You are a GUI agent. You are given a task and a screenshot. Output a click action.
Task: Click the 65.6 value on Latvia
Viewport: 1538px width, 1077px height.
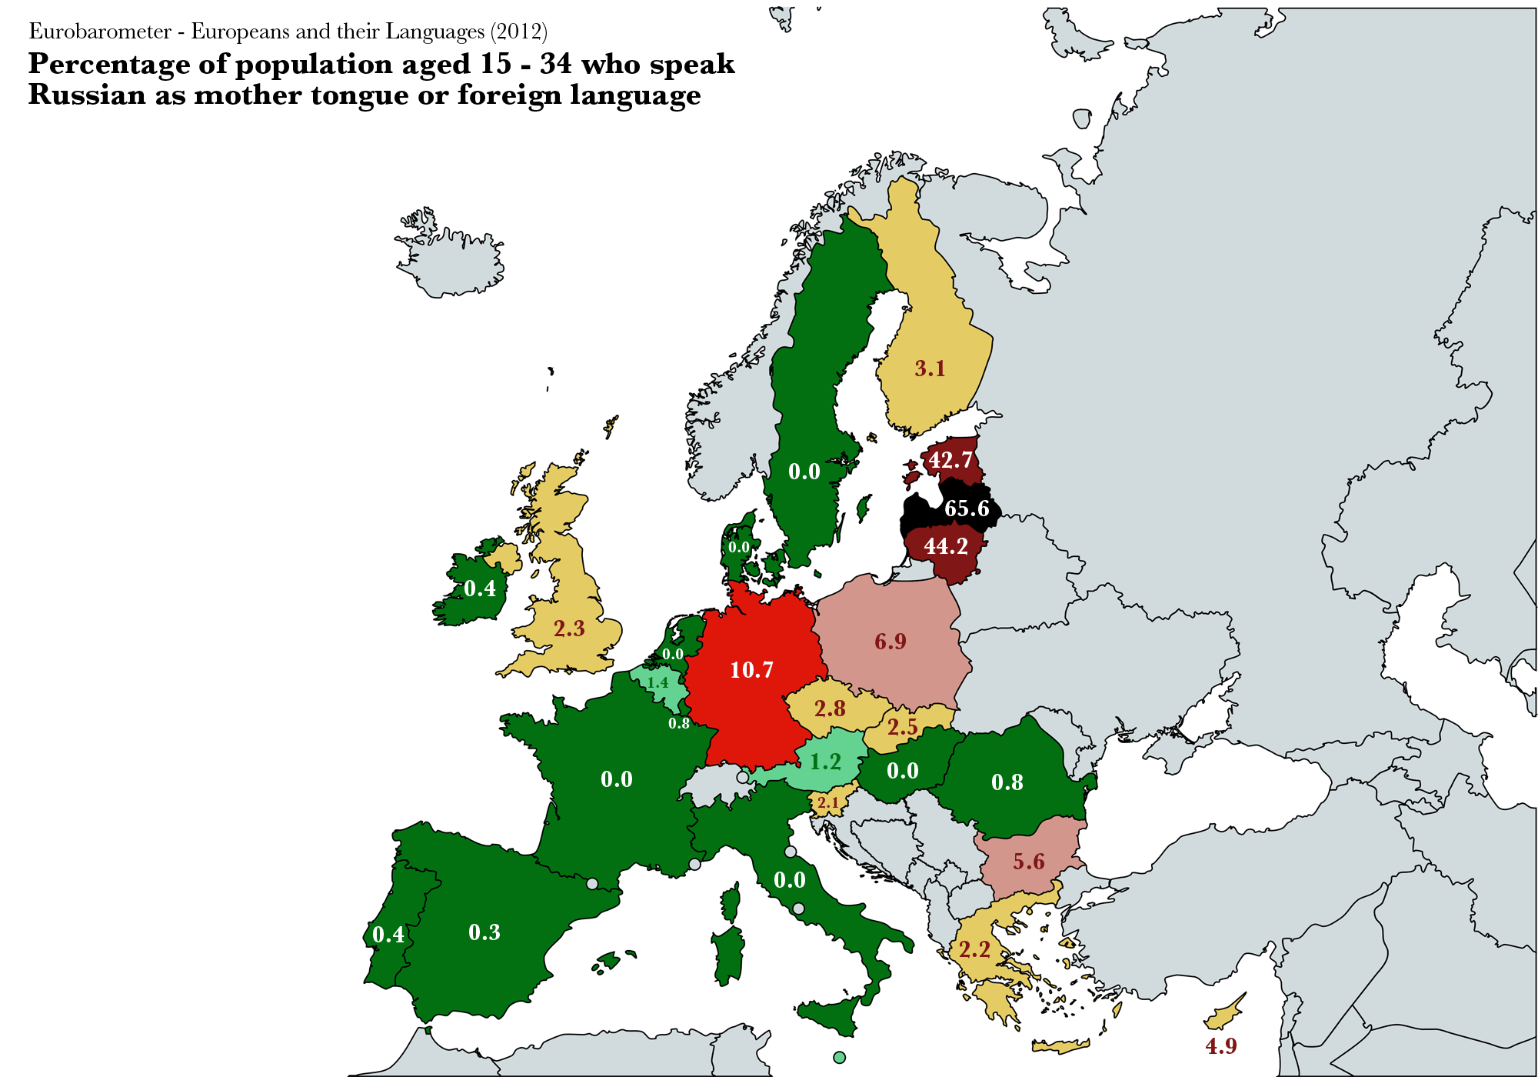(967, 508)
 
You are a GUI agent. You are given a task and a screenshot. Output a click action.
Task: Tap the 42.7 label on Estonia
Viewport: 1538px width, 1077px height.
(950, 460)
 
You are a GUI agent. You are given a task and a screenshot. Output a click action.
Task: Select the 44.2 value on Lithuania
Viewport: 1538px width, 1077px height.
(946, 546)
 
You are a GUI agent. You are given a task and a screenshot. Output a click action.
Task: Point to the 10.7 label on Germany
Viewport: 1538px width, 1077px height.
(751, 670)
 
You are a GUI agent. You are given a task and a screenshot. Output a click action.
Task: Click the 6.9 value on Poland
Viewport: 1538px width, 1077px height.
(891, 642)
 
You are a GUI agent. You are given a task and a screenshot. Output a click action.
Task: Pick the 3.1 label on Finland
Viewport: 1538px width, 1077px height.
(930, 368)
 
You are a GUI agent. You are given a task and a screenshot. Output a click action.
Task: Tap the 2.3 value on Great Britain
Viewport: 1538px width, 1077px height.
(569, 629)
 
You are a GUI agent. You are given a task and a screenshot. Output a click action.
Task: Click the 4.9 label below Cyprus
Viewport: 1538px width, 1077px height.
(1221, 1046)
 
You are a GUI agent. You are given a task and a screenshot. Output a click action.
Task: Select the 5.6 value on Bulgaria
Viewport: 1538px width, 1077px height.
(1029, 861)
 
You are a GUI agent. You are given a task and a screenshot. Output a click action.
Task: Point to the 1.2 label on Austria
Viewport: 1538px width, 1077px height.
(826, 762)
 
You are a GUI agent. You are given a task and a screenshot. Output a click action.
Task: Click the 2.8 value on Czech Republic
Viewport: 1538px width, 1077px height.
(830, 709)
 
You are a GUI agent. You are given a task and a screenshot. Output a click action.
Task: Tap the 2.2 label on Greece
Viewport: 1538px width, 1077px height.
(974, 949)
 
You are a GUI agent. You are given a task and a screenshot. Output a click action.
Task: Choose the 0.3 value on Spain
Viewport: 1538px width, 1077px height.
(484, 932)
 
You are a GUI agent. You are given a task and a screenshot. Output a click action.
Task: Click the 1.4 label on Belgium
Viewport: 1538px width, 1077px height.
(657, 682)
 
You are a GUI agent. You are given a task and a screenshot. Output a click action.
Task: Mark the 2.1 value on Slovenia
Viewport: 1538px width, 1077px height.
(828, 803)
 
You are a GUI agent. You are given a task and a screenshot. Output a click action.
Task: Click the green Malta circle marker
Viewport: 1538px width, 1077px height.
(839, 1057)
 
